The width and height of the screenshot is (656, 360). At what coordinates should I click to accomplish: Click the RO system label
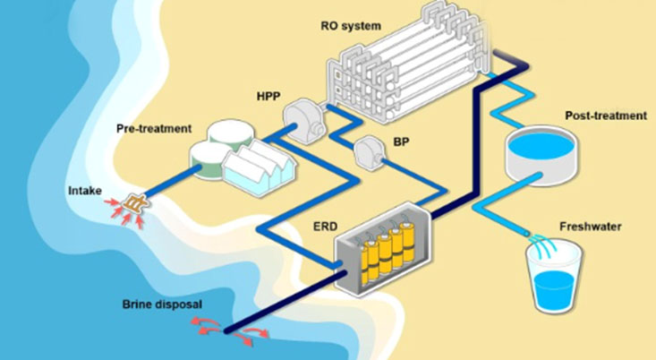[x=351, y=26]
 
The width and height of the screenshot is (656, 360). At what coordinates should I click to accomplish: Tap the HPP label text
[x=268, y=97]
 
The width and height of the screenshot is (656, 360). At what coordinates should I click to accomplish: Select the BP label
[x=401, y=141]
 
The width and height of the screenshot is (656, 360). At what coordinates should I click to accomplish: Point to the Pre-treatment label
[x=154, y=128]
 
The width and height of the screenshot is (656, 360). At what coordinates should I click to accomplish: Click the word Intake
[x=85, y=191]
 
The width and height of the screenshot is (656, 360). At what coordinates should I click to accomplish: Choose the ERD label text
[x=325, y=227]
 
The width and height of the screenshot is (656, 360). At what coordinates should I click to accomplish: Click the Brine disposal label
[x=162, y=304]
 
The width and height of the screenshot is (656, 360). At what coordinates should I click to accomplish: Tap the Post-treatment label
[x=606, y=116]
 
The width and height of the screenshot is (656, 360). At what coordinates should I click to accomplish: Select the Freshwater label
[x=591, y=227]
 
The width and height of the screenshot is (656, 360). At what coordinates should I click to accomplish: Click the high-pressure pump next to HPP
[x=303, y=121]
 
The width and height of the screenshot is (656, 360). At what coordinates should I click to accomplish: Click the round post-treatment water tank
[x=541, y=155]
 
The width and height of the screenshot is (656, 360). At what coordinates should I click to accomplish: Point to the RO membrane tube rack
[x=409, y=63]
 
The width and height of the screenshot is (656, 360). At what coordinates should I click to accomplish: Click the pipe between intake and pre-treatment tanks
[x=172, y=180]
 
